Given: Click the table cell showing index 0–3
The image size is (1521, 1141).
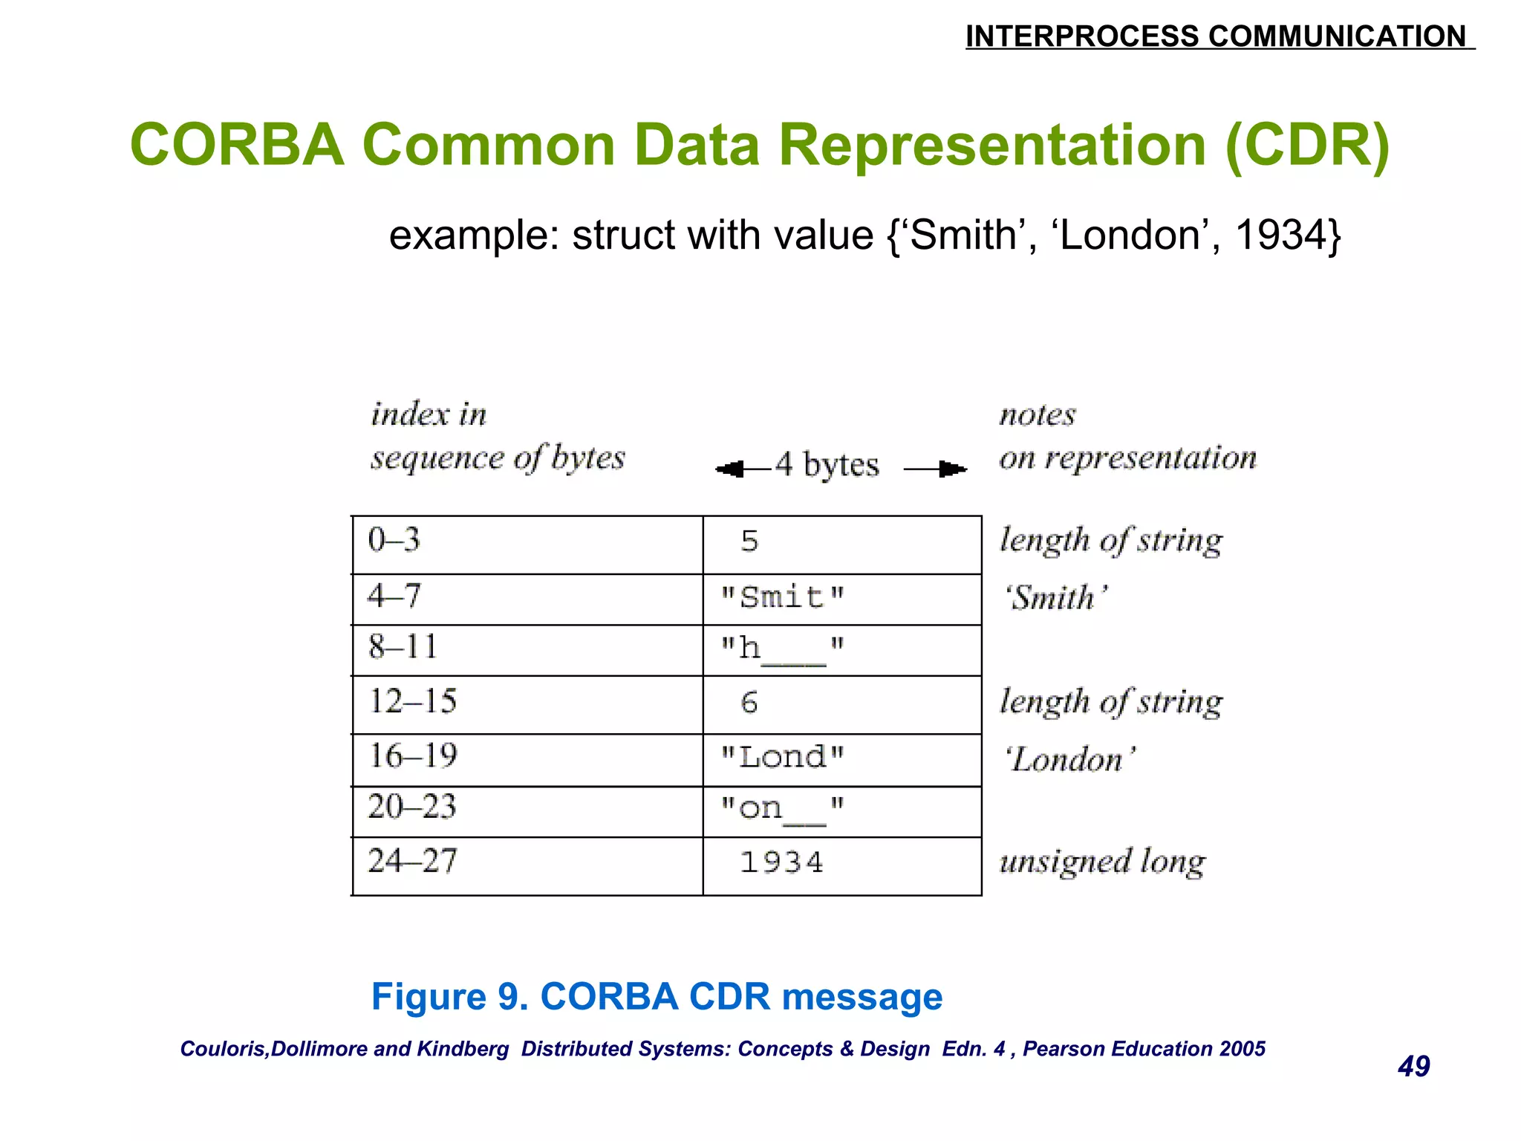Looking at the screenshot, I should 527,544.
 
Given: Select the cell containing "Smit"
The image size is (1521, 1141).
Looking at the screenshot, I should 842,599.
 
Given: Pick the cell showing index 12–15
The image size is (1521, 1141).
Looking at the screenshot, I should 527,704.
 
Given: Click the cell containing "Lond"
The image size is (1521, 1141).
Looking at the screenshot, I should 842,759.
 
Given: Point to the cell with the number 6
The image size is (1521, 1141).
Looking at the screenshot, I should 842,704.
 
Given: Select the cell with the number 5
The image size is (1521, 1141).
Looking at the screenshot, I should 842,544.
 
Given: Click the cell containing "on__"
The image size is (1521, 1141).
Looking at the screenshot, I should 842,810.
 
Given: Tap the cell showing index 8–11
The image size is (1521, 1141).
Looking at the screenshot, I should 527,649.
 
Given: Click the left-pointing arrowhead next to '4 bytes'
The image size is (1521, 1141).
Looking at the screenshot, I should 730,469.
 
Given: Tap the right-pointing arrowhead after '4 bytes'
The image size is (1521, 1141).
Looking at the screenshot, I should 952,469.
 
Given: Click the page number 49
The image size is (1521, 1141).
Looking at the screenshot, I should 1413,1067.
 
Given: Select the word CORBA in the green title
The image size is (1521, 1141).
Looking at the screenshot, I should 237,145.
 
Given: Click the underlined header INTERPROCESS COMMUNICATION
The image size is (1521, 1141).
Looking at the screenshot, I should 1218,36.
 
